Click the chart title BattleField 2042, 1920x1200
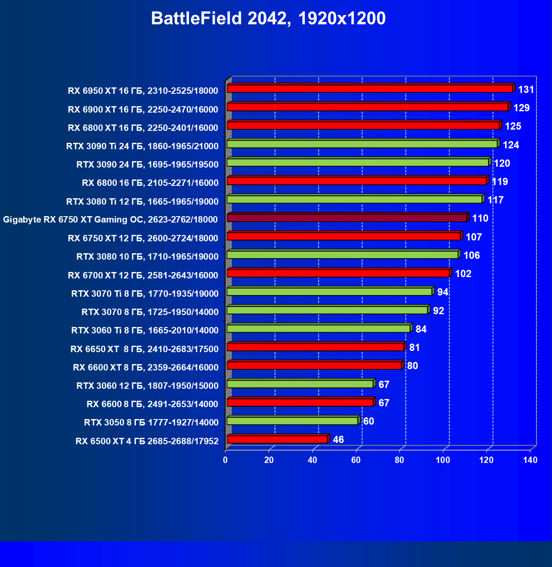click(x=268, y=19)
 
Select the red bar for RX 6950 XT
click(x=370, y=89)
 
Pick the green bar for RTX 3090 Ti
click(x=362, y=144)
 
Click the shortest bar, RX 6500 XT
click(x=277, y=440)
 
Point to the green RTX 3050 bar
click(x=292, y=421)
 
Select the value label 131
click(x=526, y=90)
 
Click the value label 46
click(x=338, y=440)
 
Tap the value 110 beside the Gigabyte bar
click(x=480, y=218)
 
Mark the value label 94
click(x=443, y=292)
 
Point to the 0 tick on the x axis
click(x=225, y=460)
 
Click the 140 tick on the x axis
click(x=530, y=460)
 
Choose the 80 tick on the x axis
click(x=399, y=460)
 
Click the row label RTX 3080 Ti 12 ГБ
click(x=142, y=201)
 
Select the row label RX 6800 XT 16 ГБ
click(x=143, y=128)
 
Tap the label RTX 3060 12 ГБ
click(x=147, y=386)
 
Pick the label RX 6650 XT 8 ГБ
click(x=145, y=349)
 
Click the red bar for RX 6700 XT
click(x=338, y=273)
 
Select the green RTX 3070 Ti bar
click(x=329, y=292)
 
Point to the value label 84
click(x=421, y=329)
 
